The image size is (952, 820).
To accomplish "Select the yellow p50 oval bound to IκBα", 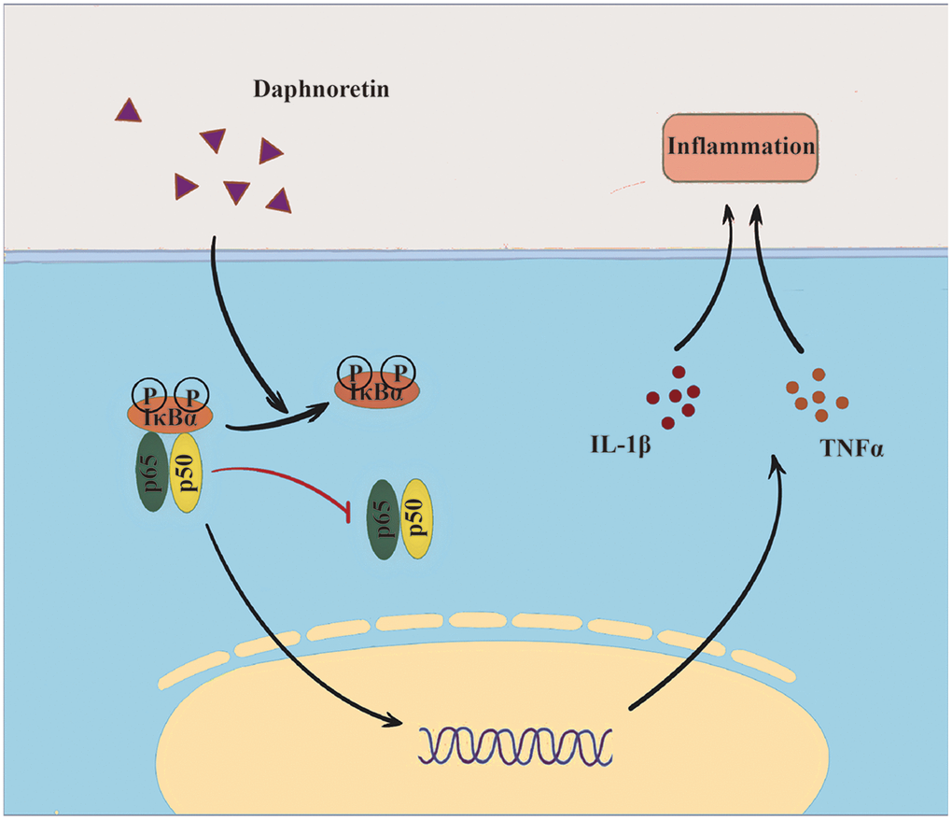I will pyautogui.click(x=187, y=473).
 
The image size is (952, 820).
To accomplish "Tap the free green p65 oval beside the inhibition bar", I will pyautogui.click(x=384, y=519).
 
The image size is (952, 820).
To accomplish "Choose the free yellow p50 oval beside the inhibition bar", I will pyautogui.click(x=417, y=519).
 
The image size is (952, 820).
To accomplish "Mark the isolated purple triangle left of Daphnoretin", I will pyautogui.click(x=128, y=111).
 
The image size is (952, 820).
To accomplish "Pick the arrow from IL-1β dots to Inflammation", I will pyautogui.click(x=701, y=280).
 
